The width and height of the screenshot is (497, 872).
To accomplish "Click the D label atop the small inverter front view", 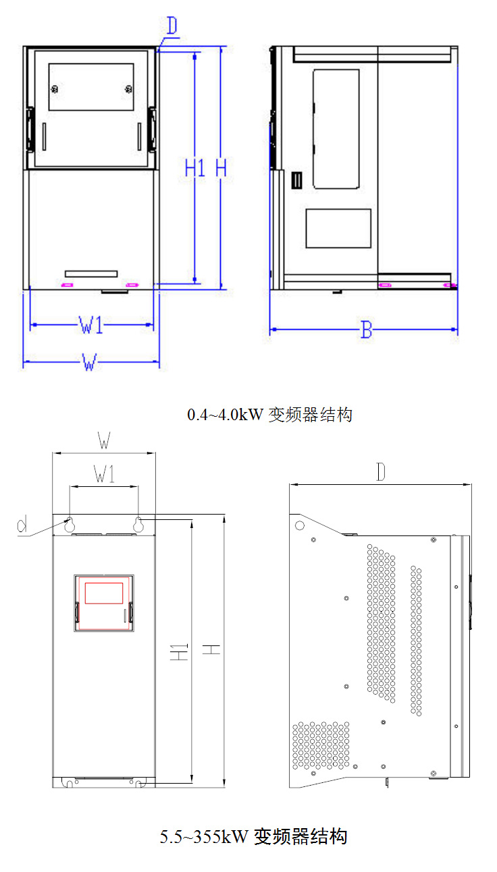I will (x=172, y=27).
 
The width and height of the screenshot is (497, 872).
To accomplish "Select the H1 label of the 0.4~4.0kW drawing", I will (x=195, y=168).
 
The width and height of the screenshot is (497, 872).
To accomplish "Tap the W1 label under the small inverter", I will (x=92, y=326).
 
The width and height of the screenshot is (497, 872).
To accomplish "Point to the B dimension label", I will (x=366, y=330).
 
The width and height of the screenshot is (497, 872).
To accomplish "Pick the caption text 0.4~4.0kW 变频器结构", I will (x=269, y=414).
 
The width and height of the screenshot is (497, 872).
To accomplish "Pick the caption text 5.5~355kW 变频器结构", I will (x=253, y=837).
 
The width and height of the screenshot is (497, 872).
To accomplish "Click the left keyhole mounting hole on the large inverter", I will (x=69, y=523).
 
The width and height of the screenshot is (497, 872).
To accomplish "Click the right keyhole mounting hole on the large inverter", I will (x=138, y=523).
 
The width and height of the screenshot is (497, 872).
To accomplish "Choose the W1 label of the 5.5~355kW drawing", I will (x=104, y=476).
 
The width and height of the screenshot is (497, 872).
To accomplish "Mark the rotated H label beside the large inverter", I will (x=213, y=649).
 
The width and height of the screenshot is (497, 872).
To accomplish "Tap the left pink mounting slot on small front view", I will (x=68, y=285).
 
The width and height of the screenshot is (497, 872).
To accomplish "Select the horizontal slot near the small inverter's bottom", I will (x=91, y=274).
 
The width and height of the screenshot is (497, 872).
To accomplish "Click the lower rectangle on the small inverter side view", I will (x=338, y=228).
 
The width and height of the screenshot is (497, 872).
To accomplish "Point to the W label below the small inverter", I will (x=88, y=363).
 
